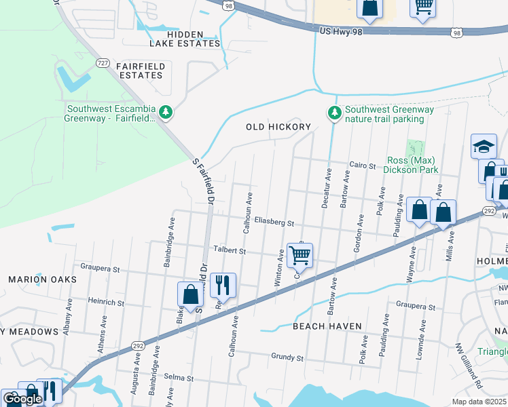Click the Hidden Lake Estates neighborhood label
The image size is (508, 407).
(185, 39)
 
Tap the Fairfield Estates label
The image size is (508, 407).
(140, 71)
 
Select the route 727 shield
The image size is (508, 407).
(103, 63)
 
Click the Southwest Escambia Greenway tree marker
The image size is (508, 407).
(165, 110)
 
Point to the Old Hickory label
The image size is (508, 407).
(278, 127)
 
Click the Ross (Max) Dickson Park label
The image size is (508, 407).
(412, 165)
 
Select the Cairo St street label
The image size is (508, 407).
(362, 165)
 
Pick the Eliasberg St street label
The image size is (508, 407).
(274, 222)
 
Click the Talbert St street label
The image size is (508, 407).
(230, 250)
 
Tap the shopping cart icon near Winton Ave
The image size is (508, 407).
(300, 256)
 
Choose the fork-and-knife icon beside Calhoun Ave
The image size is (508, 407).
(223, 285)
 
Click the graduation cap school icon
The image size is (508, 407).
(484, 146)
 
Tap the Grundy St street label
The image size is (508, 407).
(286, 357)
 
